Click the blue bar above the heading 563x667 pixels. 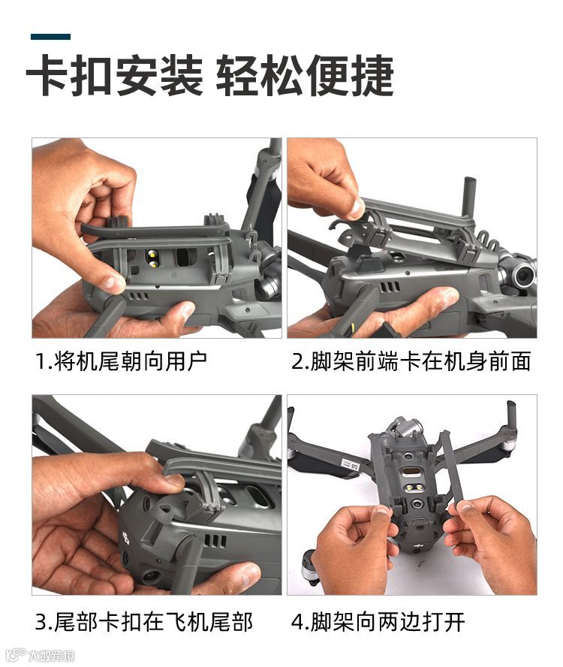[x=50, y=37]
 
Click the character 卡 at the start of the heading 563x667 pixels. [x=47, y=77]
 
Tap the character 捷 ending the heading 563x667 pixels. [x=372, y=77]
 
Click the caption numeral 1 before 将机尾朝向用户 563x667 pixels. [x=41, y=361]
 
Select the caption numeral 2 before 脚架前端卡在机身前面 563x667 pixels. [x=297, y=361]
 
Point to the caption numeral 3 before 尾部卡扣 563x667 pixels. [x=41, y=622]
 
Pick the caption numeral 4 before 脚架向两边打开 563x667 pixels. [x=297, y=622]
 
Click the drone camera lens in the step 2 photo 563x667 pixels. [x=523, y=276]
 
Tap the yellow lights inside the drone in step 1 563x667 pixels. [x=152, y=259]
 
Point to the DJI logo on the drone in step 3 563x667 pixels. [x=126, y=539]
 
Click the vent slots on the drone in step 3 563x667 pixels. [x=215, y=540]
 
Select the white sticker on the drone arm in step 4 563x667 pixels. [x=350, y=463]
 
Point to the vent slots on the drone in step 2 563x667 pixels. [x=390, y=287]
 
